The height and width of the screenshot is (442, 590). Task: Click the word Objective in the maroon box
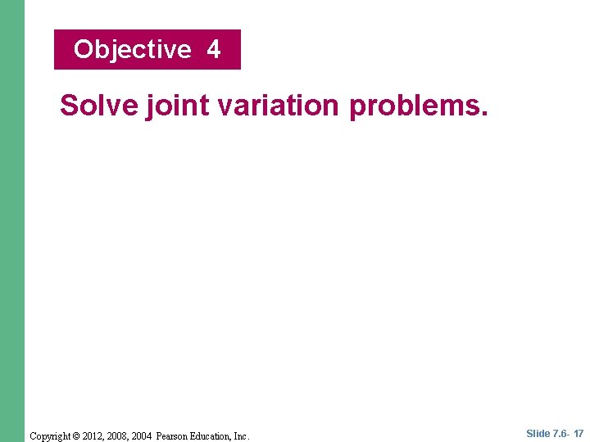[132, 50]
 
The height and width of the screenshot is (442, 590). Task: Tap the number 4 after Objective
[214, 50]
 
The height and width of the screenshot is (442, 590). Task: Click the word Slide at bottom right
[538, 434]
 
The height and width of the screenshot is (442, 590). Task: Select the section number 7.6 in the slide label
[560, 434]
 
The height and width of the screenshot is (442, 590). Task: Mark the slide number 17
[579, 434]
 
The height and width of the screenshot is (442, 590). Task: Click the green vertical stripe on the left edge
[12, 221]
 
